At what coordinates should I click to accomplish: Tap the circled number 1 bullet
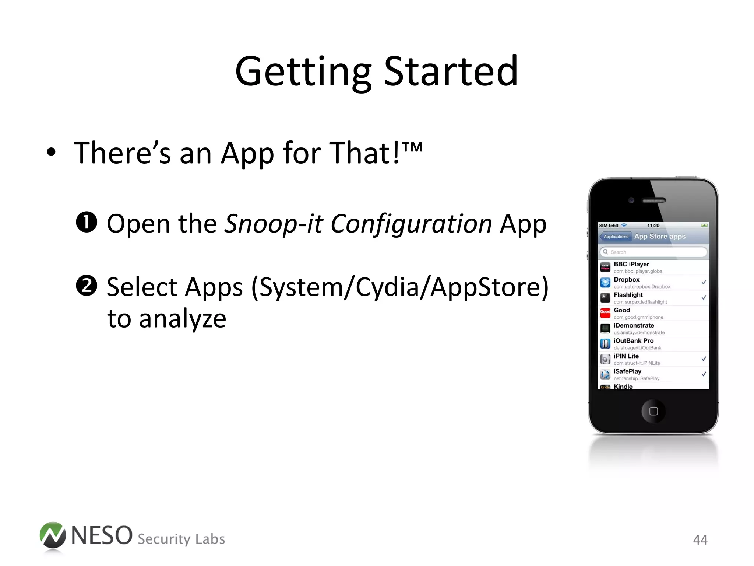click(x=86, y=222)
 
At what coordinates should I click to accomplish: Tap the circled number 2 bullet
click(x=86, y=286)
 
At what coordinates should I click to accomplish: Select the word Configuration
click(x=411, y=224)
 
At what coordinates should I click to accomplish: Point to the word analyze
click(x=182, y=319)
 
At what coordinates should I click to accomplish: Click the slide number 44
click(x=700, y=540)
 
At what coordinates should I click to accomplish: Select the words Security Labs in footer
click(x=181, y=539)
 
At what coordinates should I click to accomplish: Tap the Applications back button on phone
click(x=615, y=237)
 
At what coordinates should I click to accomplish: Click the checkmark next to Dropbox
click(x=703, y=282)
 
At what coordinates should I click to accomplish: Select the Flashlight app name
click(x=628, y=295)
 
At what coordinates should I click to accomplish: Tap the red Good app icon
click(x=605, y=313)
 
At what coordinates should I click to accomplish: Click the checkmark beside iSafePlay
click(x=703, y=374)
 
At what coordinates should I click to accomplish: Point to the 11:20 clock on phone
click(x=653, y=226)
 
